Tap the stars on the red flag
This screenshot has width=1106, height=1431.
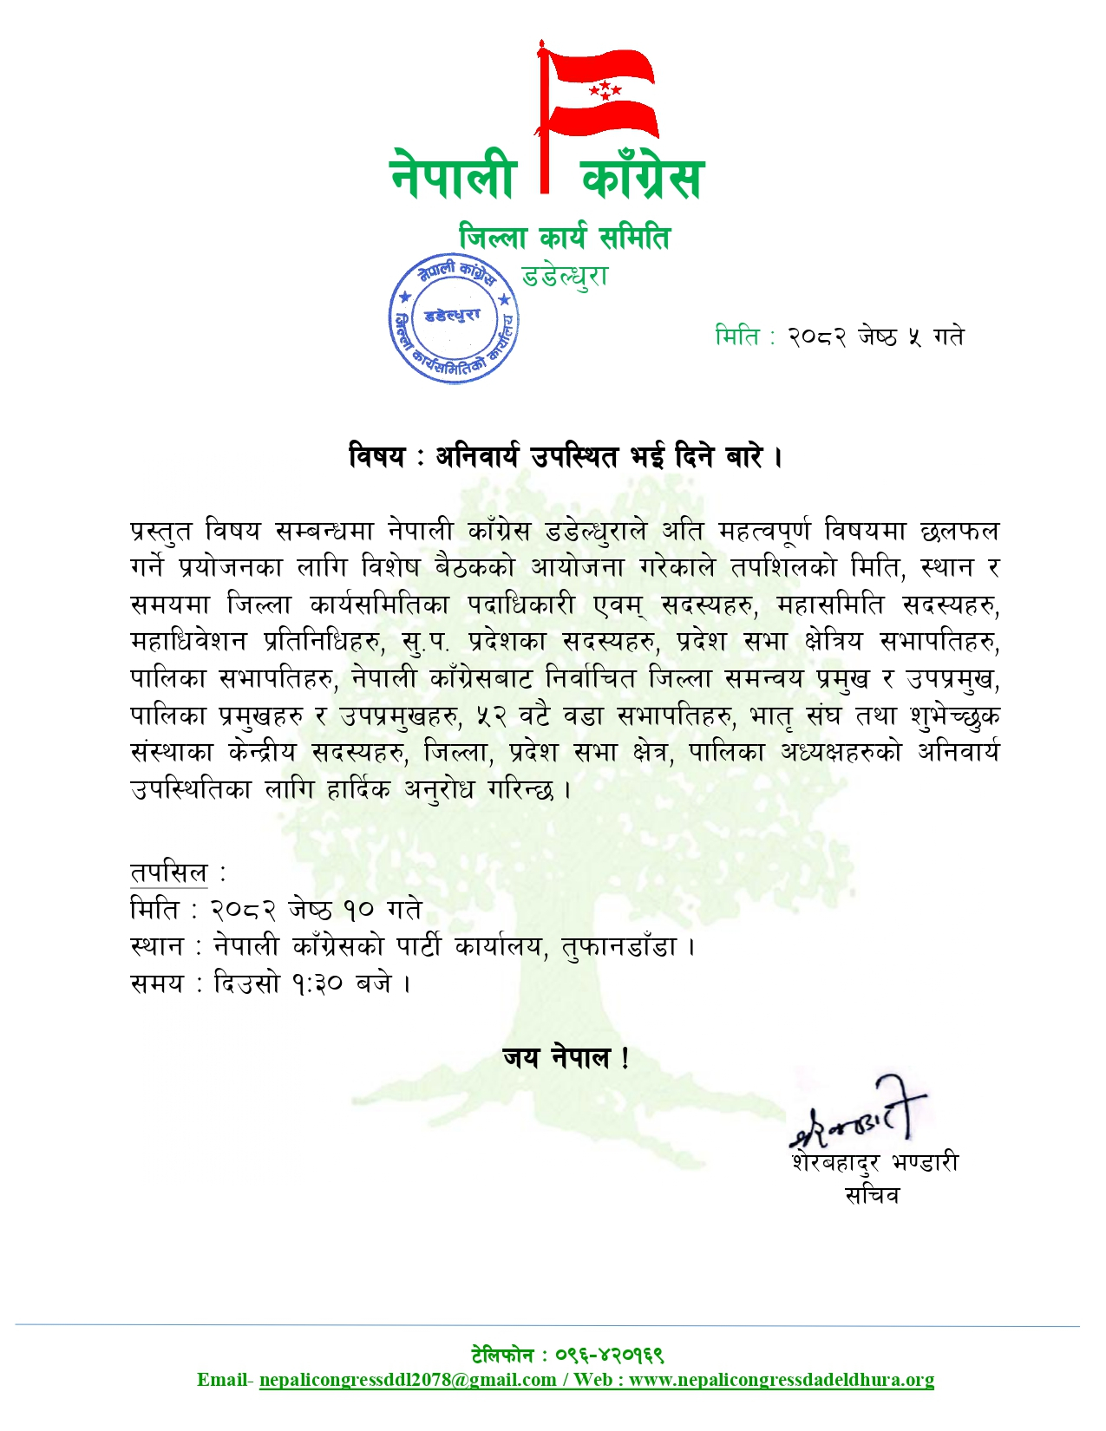tap(605, 88)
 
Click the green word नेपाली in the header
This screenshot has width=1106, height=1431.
tap(454, 174)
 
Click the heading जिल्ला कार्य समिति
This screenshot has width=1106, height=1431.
tap(565, 237)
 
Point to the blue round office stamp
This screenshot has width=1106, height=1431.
tap(453, 318)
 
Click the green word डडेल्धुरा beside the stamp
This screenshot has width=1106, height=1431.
tap(565, 276)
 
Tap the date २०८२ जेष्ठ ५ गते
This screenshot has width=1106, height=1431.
tap(875, 336)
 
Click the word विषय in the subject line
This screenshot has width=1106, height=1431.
tap(376, 455)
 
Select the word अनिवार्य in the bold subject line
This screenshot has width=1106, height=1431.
tap(477, 455)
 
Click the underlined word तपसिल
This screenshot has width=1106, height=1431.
tap(169, 872)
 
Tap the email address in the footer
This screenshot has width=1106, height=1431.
tap(408, 1380)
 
